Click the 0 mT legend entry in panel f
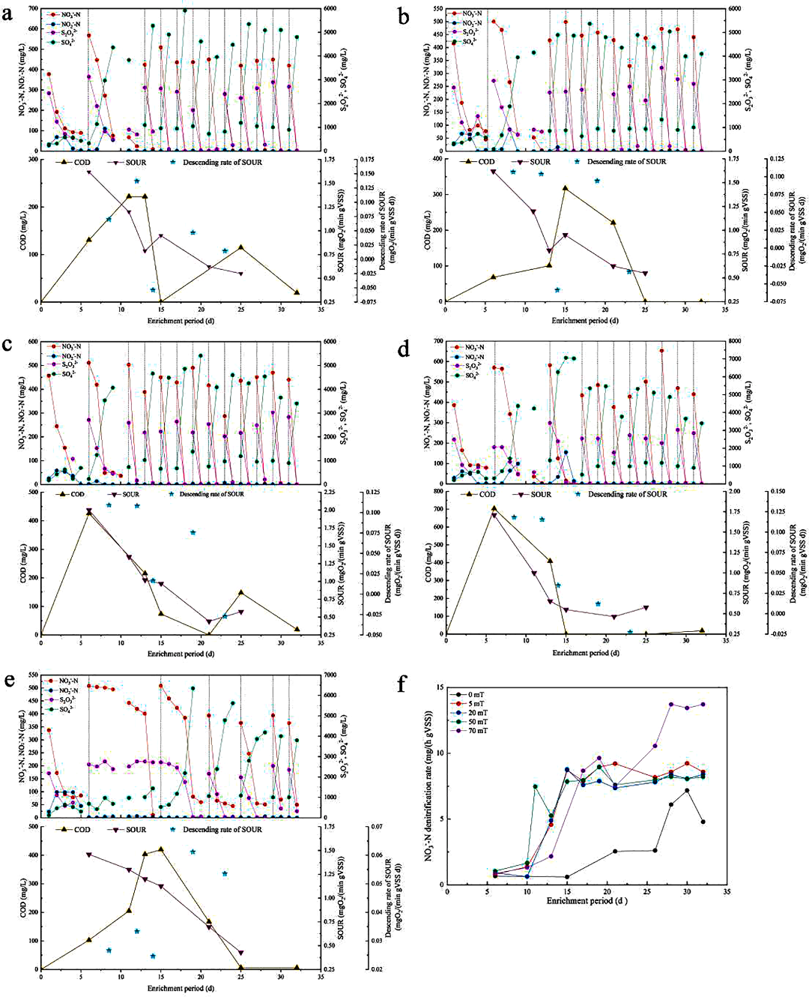(x=476, y=695)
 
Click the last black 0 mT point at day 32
(x=703, y=822)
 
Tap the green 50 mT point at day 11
(x=535, y=786)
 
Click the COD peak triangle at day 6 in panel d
(x=494, y=508)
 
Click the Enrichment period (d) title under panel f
(x=587, y=900)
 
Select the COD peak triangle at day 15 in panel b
(x=566, y=187)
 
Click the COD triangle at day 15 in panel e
(x=161, y=849)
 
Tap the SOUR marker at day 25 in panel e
(x=241, y=953)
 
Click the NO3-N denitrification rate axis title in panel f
(x=430, y=786)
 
